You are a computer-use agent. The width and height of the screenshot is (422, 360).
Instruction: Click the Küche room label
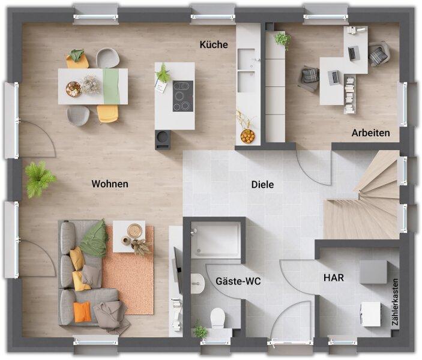click(x=214, y=44)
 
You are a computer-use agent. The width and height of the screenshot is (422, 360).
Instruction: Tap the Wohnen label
click(x=110, y=184)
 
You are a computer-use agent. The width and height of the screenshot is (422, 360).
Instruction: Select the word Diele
click(x=262, y=184)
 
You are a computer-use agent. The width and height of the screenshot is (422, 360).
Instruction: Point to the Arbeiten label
click(x=370, y=133)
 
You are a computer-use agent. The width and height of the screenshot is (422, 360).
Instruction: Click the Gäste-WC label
click(x=238, y=281)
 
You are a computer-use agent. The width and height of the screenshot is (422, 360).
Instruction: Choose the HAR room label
click(x=334, y=278)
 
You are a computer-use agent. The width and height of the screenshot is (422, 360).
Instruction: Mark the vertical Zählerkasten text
click(x=395, y=302)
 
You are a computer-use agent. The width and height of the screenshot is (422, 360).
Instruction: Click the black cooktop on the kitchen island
click(x=183, y=96)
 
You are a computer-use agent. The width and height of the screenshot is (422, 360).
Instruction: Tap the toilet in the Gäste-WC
click(x=217, y=318)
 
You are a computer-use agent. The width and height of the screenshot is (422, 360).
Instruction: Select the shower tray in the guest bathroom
click(x=216, y=240)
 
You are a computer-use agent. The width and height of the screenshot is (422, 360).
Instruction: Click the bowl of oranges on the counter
click(x=247, y=136)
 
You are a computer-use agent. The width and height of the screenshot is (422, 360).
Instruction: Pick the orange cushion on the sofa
click(x=83, y=312)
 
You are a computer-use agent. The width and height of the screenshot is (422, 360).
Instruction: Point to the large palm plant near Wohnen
click(x=40, y=179)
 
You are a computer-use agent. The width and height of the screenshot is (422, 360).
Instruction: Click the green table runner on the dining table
click(x=111, y=86)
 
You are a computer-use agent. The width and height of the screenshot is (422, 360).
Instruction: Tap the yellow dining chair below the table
click(x=107, y=113)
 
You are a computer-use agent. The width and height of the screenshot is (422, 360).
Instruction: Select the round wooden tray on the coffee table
click(x=134, y=231)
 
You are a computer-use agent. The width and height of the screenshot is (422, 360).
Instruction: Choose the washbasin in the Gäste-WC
click(x=198, y=283)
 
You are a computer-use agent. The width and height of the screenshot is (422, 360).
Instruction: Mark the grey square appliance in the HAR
click(x=373, y=272)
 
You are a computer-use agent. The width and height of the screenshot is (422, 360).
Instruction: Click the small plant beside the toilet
click(x=200, y=331)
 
